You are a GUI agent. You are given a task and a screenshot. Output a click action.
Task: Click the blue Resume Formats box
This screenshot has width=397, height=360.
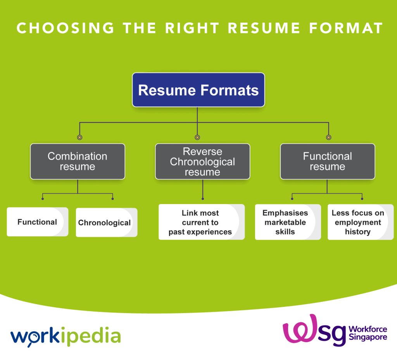(x=198, y=90)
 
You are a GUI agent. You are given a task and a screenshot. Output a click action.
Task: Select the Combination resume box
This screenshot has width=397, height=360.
(x=78, y=161)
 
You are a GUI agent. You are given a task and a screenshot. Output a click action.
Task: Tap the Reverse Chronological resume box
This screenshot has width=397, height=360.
(x=202, y=161)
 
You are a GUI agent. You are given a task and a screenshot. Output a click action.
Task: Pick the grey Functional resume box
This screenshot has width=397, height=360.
(x=327, y=161)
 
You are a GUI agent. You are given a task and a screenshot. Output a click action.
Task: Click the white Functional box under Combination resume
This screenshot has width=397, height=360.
(x=38, y=222)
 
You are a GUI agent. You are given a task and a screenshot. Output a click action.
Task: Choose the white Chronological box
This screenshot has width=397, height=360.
(x=107, y=222)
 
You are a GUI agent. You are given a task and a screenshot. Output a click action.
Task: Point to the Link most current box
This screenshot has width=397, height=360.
(x=202, y=222)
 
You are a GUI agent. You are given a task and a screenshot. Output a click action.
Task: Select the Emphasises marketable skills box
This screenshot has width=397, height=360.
(x=288, y=222)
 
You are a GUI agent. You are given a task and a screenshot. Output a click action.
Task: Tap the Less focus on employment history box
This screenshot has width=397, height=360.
(x=361, y=222)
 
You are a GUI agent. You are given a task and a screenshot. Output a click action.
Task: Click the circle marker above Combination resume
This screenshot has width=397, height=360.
(x=80, y=137)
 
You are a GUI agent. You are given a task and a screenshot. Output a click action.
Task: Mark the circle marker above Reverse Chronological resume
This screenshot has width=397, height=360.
(x=197, y=137)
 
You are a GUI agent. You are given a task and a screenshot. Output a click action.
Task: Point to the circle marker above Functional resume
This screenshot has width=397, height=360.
(x=329, y=137)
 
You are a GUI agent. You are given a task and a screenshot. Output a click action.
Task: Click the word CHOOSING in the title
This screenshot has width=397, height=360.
(x=65, y=28)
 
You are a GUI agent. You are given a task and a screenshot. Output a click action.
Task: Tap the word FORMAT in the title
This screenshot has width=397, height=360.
(x=346, y=28)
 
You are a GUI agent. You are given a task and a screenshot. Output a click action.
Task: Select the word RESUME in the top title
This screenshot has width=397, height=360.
(x=264, y=28)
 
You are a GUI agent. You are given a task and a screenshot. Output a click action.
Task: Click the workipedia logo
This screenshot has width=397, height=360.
(x=66, y=336)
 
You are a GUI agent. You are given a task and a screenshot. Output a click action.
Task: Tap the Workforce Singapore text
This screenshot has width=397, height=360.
(x=368, y=333)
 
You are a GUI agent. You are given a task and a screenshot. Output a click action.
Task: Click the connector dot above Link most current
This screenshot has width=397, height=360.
(x=202, y=199)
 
